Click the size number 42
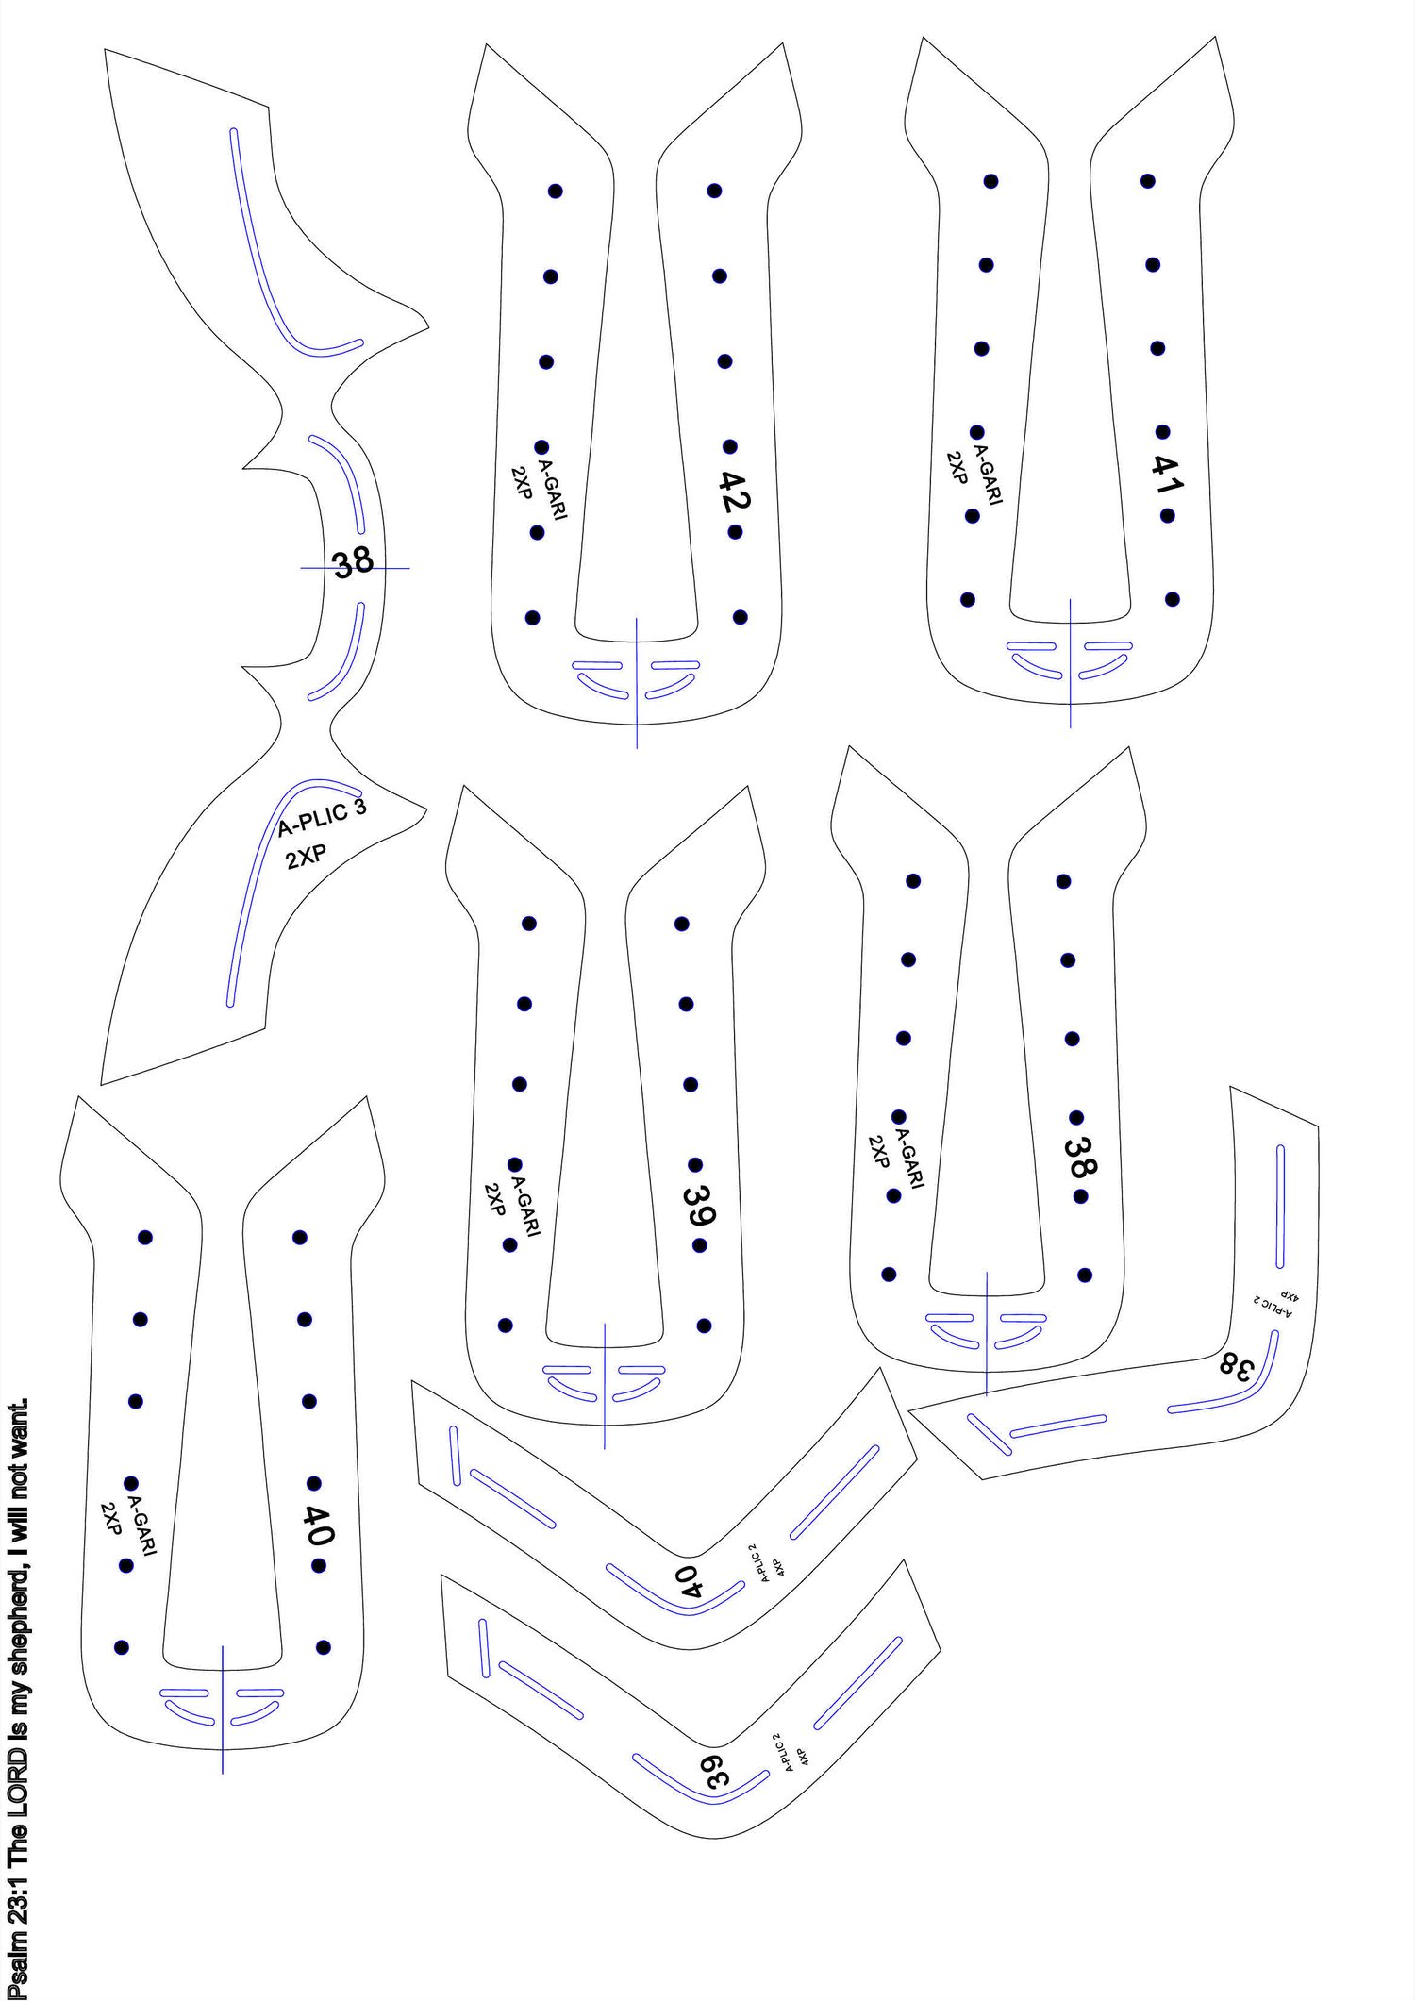(x=734, y=491)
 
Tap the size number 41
(x=1166, y=474)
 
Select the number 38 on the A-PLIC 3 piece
(x=354, y=563)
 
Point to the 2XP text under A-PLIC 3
(x=307, y=859)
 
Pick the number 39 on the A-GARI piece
(x=701, y=1205)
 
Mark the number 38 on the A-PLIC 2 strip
(x=1236, y=1365)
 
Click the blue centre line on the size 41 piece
(x=1070, y=663)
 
